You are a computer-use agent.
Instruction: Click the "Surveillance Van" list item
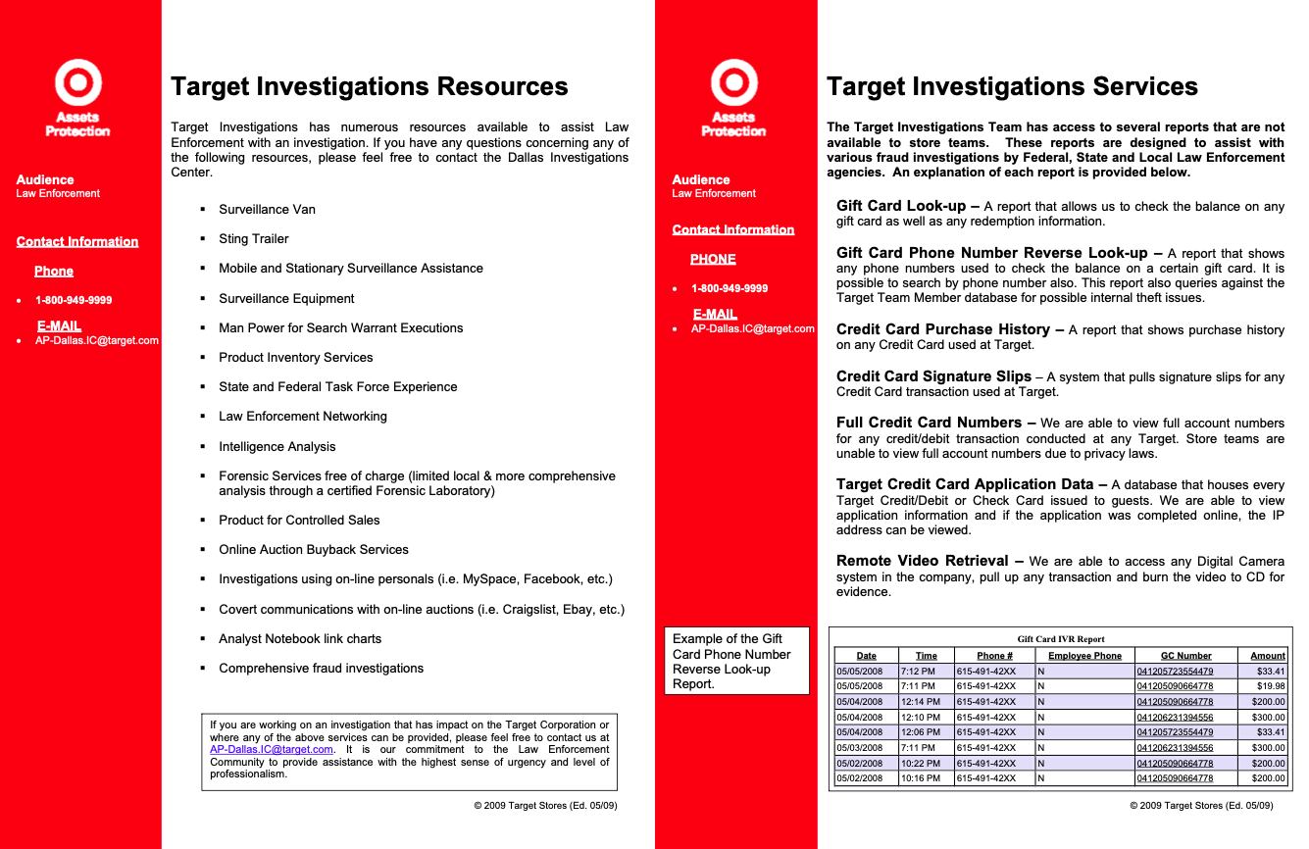(x=267, y=210)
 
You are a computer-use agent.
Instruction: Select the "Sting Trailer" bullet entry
(x=253, y=239)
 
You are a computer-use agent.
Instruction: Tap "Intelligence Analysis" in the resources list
(x=277, y=447)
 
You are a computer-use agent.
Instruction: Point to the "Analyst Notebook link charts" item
(x=300, y=639)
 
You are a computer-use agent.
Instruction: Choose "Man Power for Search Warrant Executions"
(x=340, y=328)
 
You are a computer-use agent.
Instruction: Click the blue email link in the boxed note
(x=272, y=750)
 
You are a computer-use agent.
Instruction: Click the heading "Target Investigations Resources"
(x=369, y=87)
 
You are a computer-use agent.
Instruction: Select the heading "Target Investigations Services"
(x=1012, y=87)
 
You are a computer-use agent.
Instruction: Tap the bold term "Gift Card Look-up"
(x=901, y=206)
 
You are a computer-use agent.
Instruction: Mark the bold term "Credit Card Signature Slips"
(x=933, y=376)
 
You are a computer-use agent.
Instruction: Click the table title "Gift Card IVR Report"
(x=1061, y=639)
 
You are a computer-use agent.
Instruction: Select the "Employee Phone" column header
(x=1084, y=656)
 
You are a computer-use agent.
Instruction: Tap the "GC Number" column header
(x=1185, y=656)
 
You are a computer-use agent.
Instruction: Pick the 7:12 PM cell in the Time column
(x=919, y=672)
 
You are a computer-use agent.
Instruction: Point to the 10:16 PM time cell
(x=921, y=778)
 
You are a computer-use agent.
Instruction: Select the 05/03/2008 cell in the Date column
(x=859, y=748)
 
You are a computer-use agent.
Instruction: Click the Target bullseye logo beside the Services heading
(x=733, y=83)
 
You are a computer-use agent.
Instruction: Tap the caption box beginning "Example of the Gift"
(x=736, y=662)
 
